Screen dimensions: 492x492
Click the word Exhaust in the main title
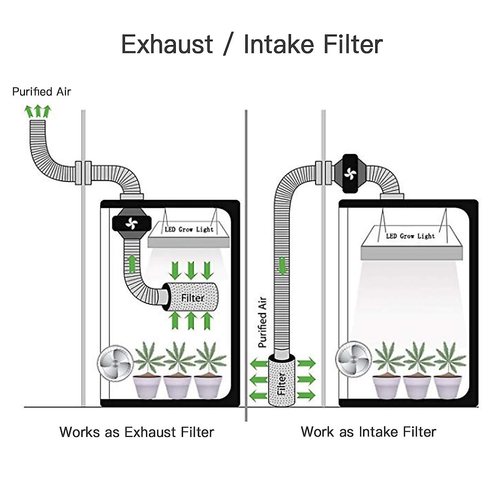point(167,44)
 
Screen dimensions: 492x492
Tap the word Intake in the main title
point(279,44)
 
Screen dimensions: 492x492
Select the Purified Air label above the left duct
point(41,92)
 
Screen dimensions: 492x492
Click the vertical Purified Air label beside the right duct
point(262,322)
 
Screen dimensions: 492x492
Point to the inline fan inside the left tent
point(132,224)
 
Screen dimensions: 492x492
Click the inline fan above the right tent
point(350,173)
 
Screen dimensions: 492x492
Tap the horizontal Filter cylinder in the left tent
point(191,297)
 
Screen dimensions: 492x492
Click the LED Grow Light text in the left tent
point(189,229)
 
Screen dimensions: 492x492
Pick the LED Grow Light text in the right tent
point(410,236)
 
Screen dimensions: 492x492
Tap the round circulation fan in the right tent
point(354,359)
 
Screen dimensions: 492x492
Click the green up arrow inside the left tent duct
point(132,264)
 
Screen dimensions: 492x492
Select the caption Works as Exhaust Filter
point(137,432)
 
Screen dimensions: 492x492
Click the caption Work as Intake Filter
point(369,432)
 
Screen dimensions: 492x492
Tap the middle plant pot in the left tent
point(177,386)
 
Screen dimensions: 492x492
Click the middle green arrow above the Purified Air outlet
point(38,111)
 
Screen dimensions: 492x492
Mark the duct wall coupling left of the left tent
point(83,173)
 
